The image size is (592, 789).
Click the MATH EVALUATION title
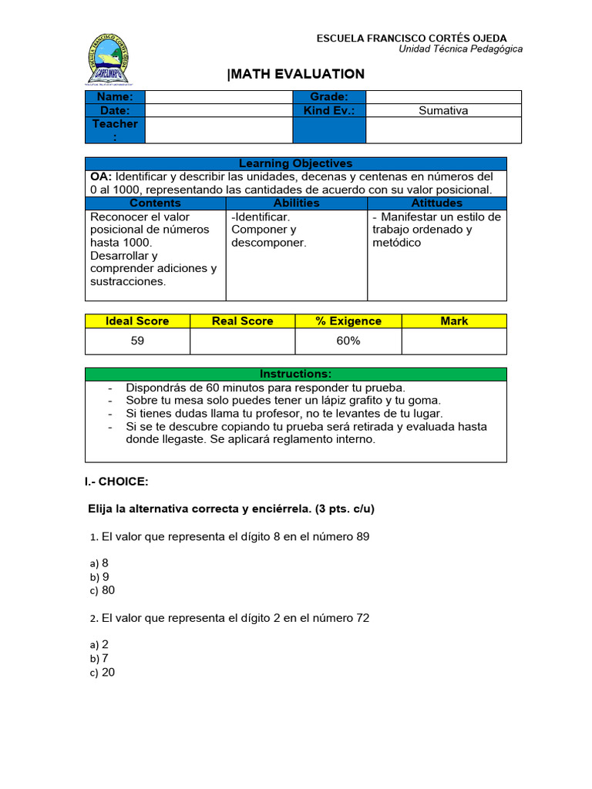(x=296, y=74)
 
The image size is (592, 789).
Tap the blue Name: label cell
(x=115, y=97)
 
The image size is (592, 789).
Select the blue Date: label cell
(x=115, y=110)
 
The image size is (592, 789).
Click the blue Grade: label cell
(x=329, y=97)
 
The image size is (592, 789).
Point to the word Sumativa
(x=443, y=110)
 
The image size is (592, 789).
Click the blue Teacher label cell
(x=115, y=130)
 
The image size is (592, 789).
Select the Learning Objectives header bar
(x=295, y=163)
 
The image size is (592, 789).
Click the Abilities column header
(x=296, y=203)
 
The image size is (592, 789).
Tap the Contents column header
(x=155, y=203)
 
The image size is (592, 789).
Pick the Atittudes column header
(x=437, y=203)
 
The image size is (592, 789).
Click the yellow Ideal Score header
(x=137, y=321)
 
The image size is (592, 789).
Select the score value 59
(x=137, y=341)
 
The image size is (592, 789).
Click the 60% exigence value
(x=348, y=341)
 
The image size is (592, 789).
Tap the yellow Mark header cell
(x=454, y=321)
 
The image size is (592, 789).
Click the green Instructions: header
(x=295, y=374)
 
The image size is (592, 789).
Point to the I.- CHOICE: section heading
(x=116, y=482)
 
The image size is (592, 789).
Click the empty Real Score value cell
(x=242, y=341)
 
